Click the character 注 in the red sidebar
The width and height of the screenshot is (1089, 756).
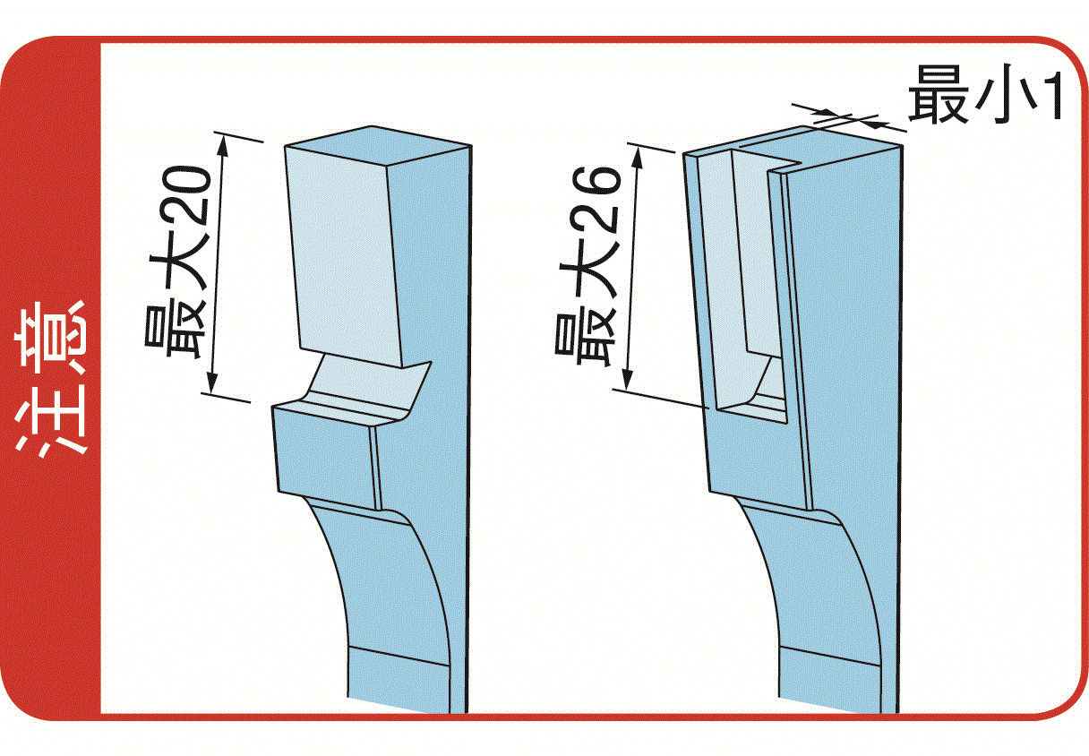(50, 419)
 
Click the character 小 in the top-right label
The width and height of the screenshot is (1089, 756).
(1000, 98)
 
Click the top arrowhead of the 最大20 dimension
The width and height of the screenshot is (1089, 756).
(224, 144)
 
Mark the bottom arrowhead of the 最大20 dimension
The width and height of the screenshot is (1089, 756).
(211, 383)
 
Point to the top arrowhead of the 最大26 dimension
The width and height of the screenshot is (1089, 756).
(639, 157)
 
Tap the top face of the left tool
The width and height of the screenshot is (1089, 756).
(378, 145)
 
